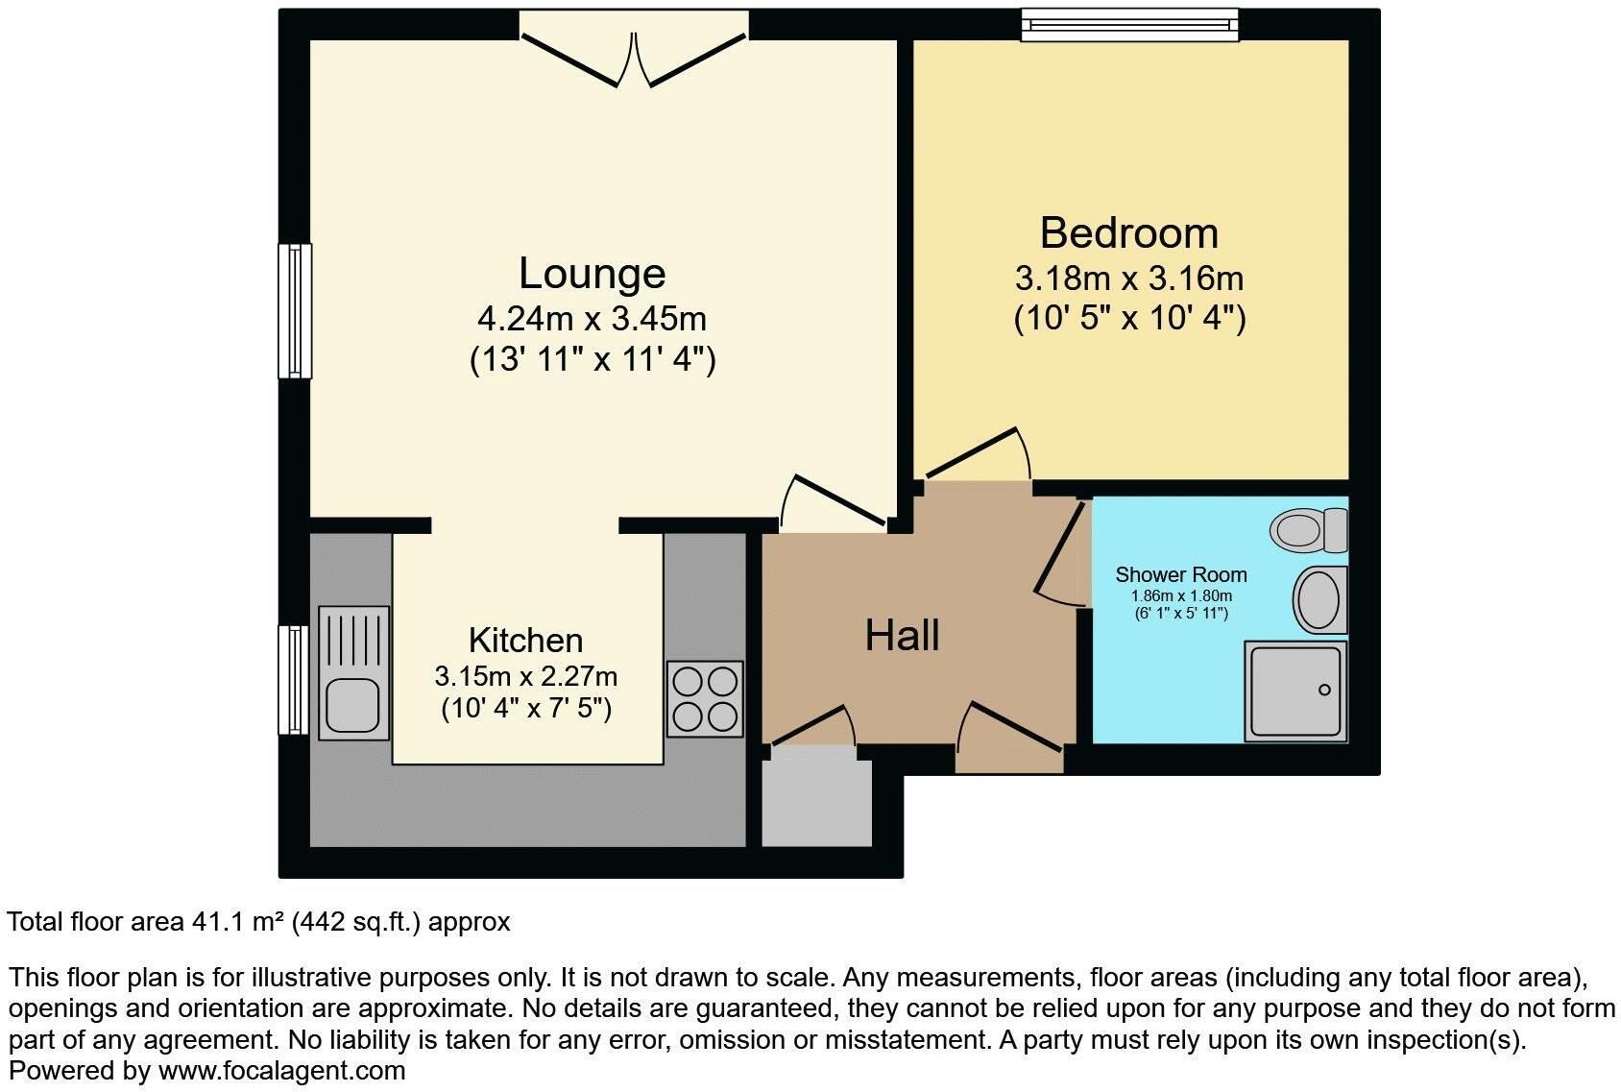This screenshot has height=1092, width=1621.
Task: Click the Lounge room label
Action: (x=592, y=274)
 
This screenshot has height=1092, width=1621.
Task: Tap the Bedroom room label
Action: (x=1128, y=233)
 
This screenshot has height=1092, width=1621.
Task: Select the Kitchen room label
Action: (x=525, y=641)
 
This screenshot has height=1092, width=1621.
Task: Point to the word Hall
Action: (x=902, y=636)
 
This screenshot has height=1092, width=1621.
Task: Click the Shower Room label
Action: (x=1180, y=574)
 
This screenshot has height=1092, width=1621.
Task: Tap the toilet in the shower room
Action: (x=1308, y=529)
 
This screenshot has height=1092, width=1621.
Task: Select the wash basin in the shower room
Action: (x=1319, y=599)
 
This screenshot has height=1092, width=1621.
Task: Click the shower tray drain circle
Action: (x=1324, y=690)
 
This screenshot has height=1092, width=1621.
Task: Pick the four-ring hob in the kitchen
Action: (x=705, y=698)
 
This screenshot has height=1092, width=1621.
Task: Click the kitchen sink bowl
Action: (x=352, y=705)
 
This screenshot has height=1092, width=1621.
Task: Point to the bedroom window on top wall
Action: (x=1129, y=25)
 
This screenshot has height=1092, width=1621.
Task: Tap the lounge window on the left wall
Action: (x=295, y=311)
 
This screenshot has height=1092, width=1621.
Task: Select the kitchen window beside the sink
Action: (x=294, y=680)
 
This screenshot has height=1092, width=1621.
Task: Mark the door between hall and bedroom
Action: (x=978, y=454)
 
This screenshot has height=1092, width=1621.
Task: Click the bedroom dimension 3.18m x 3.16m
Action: (x=1128, y=279)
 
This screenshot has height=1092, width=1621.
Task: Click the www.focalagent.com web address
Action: (x=281, y=1070)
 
